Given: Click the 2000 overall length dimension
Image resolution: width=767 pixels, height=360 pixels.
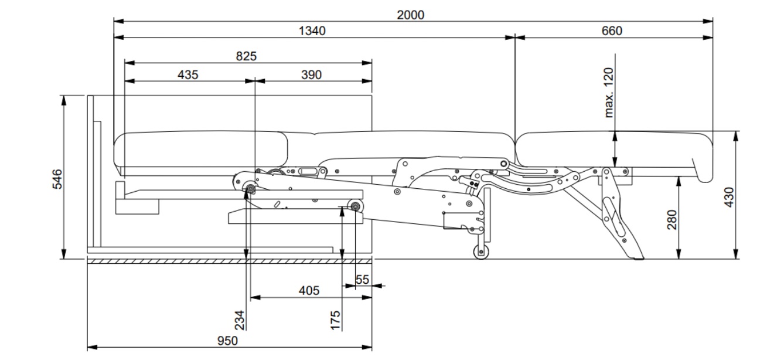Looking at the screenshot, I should click(410, 15).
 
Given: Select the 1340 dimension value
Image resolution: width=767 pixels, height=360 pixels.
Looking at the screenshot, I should click(313, 30).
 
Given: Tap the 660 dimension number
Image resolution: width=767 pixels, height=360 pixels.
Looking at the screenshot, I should click(611, 30).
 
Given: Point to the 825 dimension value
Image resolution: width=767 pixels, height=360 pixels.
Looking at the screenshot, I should click(246, 56).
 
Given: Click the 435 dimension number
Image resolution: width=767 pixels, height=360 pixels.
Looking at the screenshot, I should click(188, 74).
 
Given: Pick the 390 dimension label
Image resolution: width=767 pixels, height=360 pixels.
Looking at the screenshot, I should click(311, 74).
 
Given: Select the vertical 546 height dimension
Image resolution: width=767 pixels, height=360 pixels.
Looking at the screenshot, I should click(57, 179).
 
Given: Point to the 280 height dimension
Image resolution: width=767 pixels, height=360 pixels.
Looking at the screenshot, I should click(672, 220).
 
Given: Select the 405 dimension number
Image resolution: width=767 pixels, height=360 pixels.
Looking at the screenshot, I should click(309, 290).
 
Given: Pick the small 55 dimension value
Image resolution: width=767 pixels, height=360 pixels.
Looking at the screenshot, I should click(362, 280).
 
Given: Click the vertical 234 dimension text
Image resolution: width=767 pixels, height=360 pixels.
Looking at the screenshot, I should click(239, 320).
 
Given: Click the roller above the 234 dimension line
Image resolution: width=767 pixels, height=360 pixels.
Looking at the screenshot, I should click(251, 189).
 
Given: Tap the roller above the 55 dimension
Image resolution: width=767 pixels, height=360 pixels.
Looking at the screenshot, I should click(355, 206).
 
